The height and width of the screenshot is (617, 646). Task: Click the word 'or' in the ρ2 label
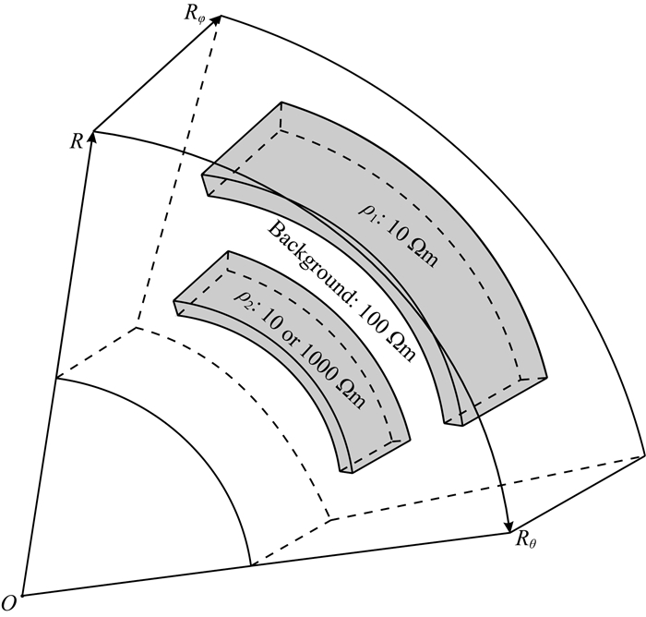point(295,343)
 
